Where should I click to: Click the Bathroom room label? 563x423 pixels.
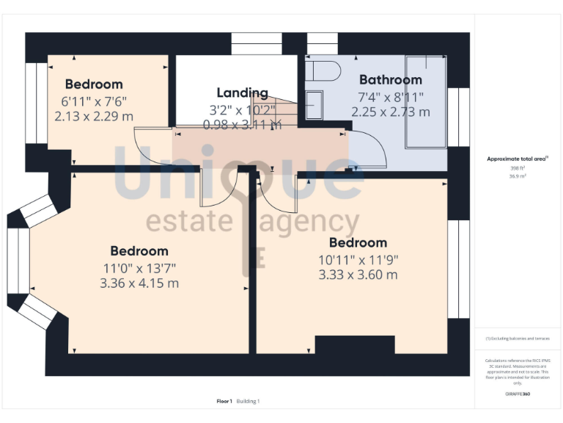click(x=390, y=80)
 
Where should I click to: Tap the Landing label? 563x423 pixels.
click(x=242, y=93)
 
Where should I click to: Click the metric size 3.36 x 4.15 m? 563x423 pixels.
click(x=139, y=283)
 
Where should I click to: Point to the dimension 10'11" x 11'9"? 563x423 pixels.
click(x=358, y=259)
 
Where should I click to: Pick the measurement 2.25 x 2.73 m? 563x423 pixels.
click(x=390, y=112)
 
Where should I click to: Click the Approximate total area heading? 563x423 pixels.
click(x=518, y=159)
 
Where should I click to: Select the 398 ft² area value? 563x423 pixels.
click(x=518, y=168)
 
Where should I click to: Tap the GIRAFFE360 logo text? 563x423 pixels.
click(x=518, y=394)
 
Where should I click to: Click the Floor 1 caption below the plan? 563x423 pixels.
click(x=224, y=401)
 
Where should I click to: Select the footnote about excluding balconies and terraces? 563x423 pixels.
click(x=518, y=339)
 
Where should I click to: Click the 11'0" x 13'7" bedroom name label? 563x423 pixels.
click(x=139, y=251)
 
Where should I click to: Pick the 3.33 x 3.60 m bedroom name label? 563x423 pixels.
click(x=358, y=243)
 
